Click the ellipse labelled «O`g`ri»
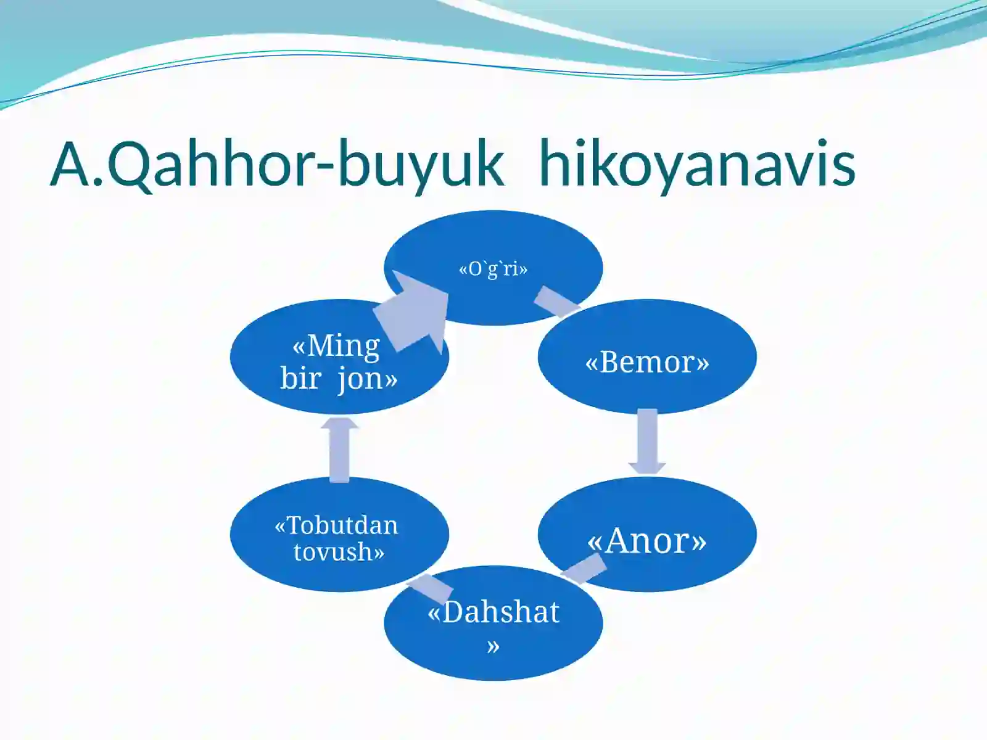point(493,247)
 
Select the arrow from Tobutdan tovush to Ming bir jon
point(339,449)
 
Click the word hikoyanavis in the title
point(697,165)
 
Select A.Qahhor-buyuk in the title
point(278,165)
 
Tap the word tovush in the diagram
point(339,551)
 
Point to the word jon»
point(368,378)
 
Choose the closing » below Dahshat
point(493,646)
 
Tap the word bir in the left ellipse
point(300,378)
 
